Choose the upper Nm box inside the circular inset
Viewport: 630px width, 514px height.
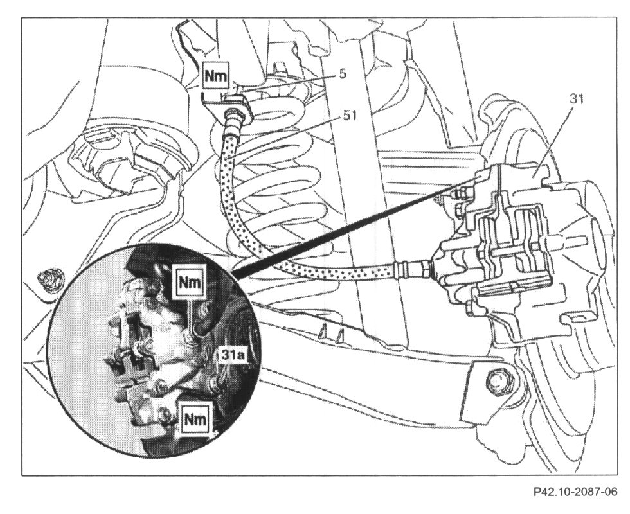189,281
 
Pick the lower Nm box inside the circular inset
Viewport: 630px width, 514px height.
196,419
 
